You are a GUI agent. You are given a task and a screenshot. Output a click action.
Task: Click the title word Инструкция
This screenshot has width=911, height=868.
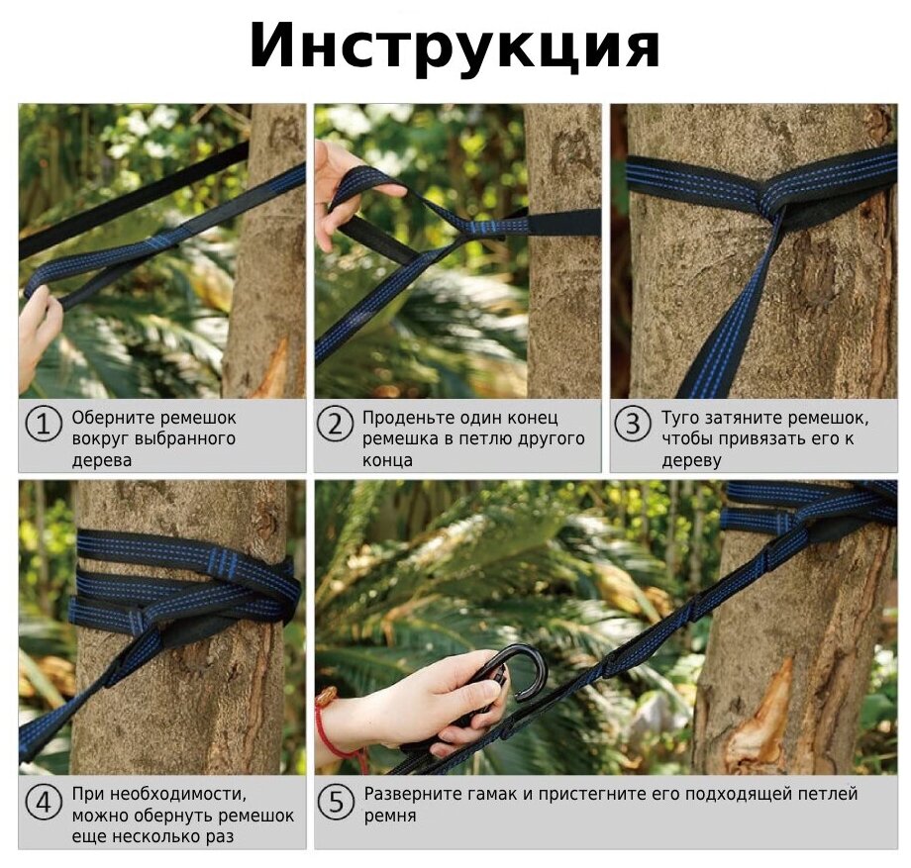pyautogui.click(x=455, y=47)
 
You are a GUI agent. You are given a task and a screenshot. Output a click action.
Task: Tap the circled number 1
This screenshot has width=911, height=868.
pyautogui.click(x=44, y=424)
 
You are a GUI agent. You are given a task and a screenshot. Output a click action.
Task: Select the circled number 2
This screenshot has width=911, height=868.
pyautogui.click(x=336, y=424)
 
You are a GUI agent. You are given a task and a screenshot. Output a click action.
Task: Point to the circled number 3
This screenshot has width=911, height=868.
pyautogui.click(x=632, y=424)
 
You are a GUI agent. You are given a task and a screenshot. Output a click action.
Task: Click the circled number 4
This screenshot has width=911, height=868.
pyautogui.click(x=44, y=803)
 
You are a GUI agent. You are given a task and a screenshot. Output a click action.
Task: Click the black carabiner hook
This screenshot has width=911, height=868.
pyautogui.click(x=511, y=676)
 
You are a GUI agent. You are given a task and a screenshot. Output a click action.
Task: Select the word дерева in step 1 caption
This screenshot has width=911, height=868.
pyautogui.click(x=102, y=461)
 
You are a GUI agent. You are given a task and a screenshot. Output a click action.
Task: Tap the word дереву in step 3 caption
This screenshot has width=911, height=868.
pyautogui.click(x=692, y=461)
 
